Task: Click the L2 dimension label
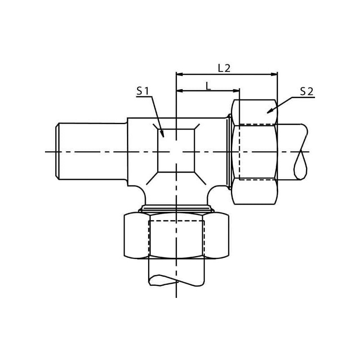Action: (224, 68)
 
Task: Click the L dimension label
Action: (208, 86)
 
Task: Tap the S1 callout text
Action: (143, 91)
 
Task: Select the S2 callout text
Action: (306, 92)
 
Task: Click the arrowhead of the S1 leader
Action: (162, 133)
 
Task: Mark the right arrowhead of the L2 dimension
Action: (274, 74)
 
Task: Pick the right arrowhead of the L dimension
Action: (236, 91)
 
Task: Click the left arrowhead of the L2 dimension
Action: (179, 74)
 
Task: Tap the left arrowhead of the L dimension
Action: (179, 91)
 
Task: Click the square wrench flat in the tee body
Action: (176, 151)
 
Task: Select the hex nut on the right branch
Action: (255, 152)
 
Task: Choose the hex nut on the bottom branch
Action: (176, 236)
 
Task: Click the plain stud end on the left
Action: (91, 151)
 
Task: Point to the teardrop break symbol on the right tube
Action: (301, 152)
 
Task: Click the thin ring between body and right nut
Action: (229, 152)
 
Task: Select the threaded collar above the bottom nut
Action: (176, 208)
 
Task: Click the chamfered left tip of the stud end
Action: (58, 151)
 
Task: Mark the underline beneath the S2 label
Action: (302, 98)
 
